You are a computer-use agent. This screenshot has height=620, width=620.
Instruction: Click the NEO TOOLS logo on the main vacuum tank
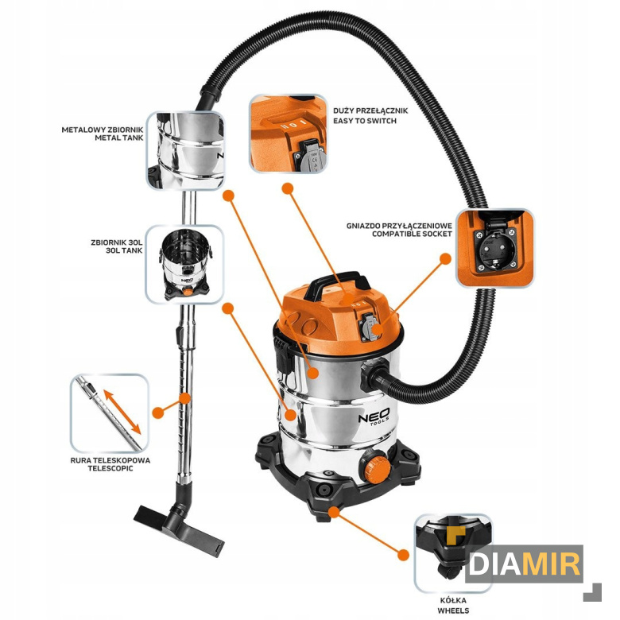pos(374,417)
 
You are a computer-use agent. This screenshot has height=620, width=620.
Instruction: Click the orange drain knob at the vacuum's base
pos(377,468)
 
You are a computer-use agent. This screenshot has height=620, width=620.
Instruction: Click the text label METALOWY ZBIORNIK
pos(103,130)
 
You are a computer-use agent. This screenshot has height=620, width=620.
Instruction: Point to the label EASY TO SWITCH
pos(365,121)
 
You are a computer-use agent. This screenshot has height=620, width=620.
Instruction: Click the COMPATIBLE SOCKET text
pos(412,234)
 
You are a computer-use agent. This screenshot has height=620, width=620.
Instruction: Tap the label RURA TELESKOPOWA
pos(110,460)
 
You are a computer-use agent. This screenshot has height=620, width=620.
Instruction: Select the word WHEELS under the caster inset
pos(453,610)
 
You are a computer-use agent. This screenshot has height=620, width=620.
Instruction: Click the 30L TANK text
pos(124,250)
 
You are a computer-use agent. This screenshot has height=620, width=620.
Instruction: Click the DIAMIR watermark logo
pos(524,562)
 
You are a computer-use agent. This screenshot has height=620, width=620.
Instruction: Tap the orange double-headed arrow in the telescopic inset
pos(122,412)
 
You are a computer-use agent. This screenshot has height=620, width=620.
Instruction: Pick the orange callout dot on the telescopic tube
pos(184,398)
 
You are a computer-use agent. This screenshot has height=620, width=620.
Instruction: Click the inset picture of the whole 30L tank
pos(184,263)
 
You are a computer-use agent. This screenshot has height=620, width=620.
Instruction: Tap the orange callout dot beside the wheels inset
pos(403,554)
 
